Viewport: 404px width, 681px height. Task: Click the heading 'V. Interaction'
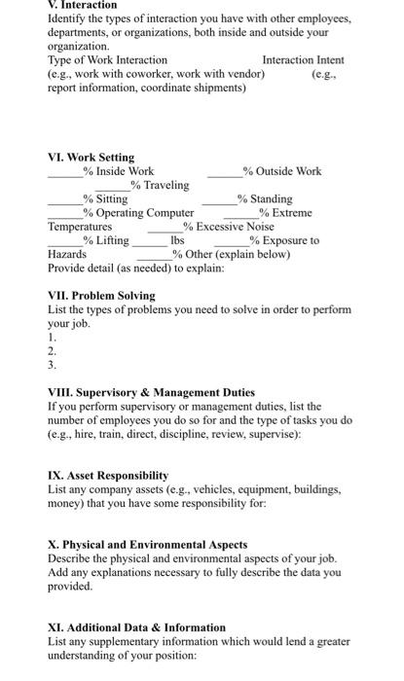point(82,5)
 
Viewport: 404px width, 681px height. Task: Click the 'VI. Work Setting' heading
point(92,157)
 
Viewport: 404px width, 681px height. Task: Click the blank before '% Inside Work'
point(65,172)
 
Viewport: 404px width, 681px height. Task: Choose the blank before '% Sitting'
point(65,199)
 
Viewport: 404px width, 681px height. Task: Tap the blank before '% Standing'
point(220,199)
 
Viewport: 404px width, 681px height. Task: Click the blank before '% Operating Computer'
point(65,213)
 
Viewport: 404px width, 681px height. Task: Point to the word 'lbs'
point(177,240)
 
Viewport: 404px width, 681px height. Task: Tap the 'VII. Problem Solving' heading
point(101,295)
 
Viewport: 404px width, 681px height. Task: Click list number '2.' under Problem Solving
point(53,350)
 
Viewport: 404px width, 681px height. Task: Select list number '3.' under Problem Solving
point(53,365)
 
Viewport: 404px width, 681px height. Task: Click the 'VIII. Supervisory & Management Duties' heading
point(151,393)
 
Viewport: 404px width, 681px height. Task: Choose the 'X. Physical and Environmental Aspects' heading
point(147,544)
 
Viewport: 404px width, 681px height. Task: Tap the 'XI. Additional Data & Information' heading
point(136,627)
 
